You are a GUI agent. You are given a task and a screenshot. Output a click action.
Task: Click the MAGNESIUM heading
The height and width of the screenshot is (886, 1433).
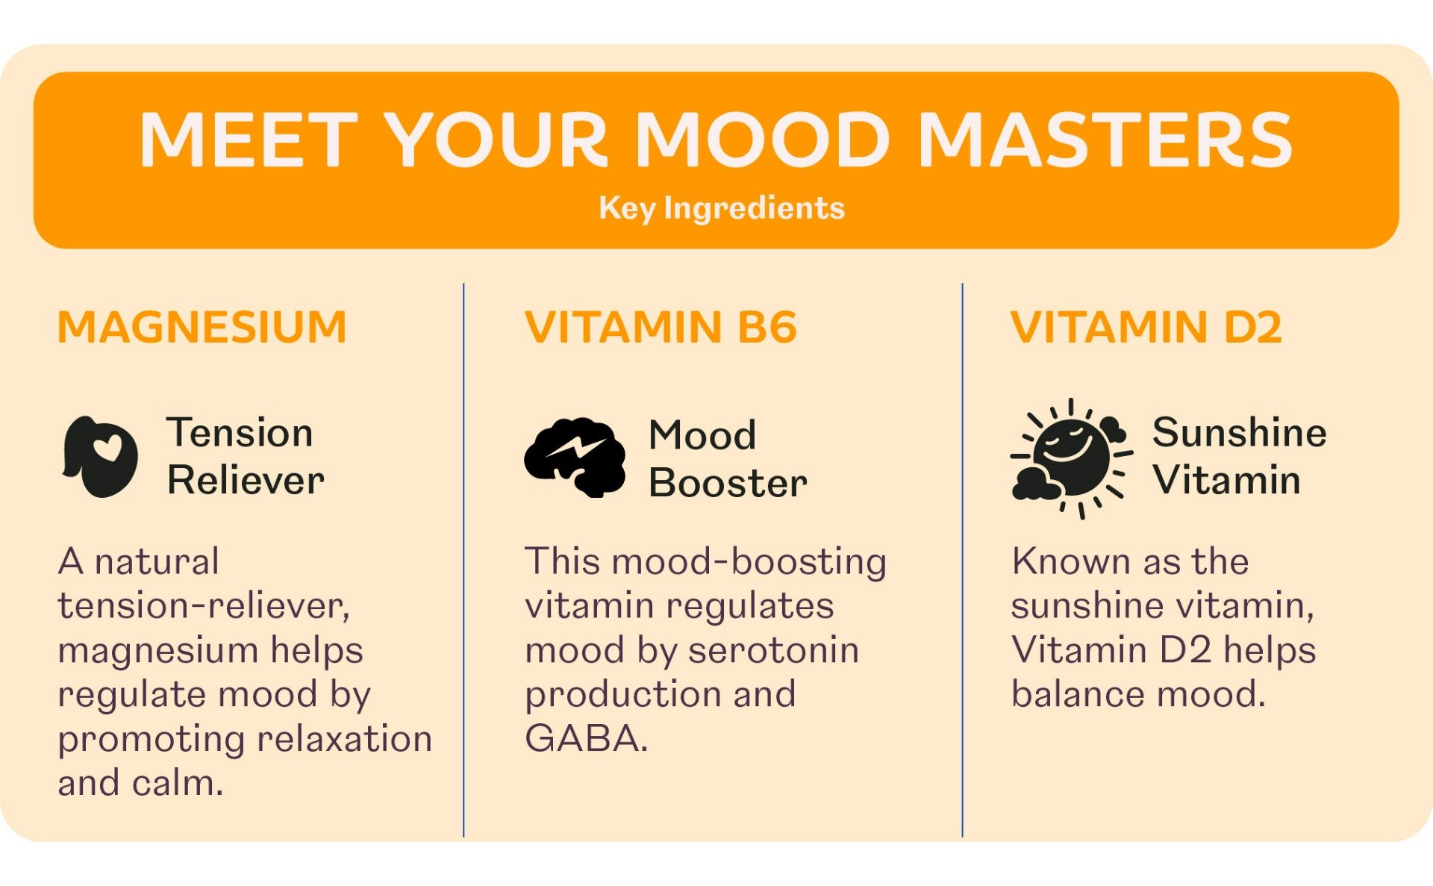202,327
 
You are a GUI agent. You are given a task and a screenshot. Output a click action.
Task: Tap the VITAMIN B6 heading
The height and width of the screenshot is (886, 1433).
661,327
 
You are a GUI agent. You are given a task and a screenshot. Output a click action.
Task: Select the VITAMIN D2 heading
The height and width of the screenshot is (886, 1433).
1146,327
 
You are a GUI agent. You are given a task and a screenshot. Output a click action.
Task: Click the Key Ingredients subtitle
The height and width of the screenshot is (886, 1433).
722,208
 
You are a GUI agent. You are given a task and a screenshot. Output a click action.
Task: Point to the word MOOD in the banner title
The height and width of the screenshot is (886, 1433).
762,140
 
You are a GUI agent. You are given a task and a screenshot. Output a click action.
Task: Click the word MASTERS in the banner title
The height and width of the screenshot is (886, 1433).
1105,140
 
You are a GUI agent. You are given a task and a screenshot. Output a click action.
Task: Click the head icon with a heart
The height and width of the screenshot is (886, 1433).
99,457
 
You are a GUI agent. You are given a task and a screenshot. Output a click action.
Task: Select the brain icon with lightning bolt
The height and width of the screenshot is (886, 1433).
575,457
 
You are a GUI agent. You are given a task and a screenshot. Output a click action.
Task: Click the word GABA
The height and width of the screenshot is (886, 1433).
587,739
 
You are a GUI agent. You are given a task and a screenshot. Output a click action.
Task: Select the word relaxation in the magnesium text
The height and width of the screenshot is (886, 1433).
344,739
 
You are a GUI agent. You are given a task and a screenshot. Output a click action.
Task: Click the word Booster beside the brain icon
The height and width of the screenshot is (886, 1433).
728,483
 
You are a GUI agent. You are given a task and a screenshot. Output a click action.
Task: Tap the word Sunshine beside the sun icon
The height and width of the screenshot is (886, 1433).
1240,432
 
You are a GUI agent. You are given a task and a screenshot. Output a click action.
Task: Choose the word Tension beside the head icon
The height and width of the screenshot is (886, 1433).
240,432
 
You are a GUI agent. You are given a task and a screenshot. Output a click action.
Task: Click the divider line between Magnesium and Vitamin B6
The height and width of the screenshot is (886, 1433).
463,560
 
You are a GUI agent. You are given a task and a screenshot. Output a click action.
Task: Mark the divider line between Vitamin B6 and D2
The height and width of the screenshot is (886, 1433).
962,560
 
